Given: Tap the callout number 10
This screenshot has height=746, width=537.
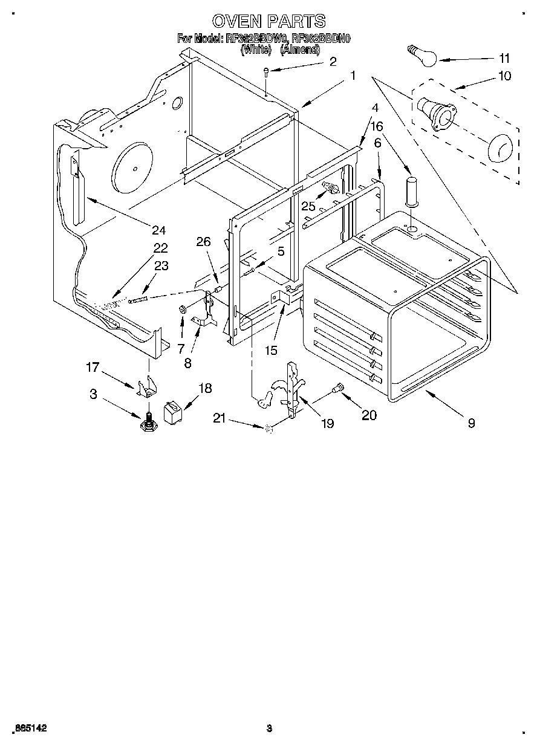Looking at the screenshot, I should [504, 76].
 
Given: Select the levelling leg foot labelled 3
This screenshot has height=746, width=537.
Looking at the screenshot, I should [148, 421].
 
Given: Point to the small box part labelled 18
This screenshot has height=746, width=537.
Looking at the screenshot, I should [174, 413].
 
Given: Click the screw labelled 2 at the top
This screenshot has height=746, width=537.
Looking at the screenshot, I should [266, 74].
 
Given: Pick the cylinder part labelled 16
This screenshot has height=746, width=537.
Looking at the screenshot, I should [411, 190].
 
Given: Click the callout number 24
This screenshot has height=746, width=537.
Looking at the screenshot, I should [158, 230].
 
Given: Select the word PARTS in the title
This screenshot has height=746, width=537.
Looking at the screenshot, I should [297, 21].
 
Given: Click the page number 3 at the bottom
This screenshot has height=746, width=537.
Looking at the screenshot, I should [269, 728].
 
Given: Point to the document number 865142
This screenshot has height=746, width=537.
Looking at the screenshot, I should [28, 728].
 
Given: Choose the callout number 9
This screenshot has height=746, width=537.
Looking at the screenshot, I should [470, 423].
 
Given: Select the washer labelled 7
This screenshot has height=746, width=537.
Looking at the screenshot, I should [181, 310].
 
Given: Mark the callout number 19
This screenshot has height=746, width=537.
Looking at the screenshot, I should [327, 424].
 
